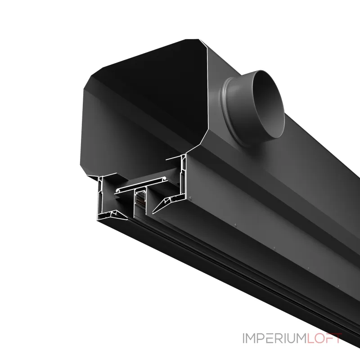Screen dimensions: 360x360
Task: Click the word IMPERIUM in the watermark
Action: [x=274, y=338]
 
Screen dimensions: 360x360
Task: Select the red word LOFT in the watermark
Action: [x=324, y=338]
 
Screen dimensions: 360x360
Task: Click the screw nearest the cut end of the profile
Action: [x=190, y=198]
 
